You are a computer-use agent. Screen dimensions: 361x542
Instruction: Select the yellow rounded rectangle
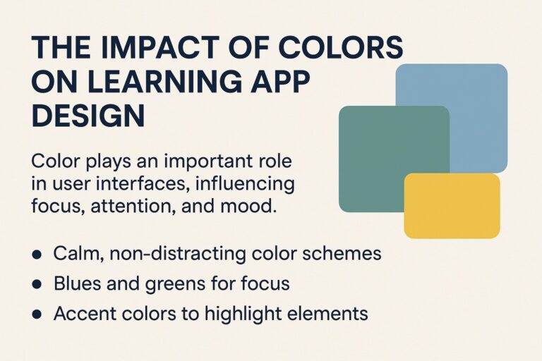[x=452, y=206]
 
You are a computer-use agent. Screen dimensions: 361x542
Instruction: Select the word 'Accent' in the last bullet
[x=82, y=312]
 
